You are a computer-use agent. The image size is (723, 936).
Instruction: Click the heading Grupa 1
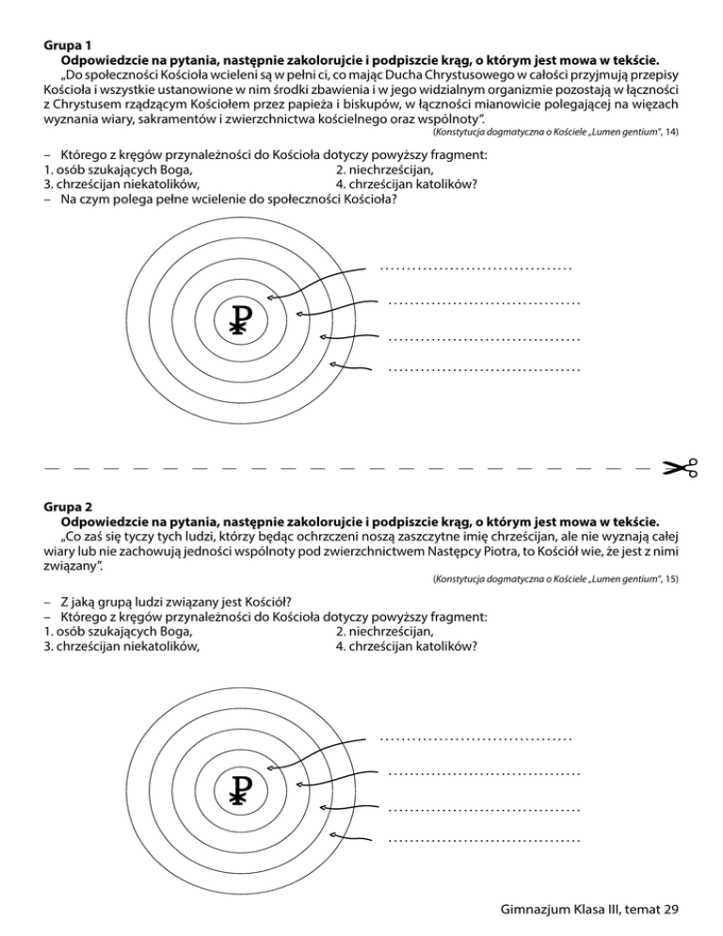pos(68,44)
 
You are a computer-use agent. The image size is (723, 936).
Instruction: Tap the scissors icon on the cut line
pos(679,466)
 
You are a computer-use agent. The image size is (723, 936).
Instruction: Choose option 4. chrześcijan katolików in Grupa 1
pos(406,185)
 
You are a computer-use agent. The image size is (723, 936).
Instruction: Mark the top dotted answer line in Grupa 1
pos(476,268)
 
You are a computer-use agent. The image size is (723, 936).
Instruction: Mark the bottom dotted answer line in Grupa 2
pos(484,838)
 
